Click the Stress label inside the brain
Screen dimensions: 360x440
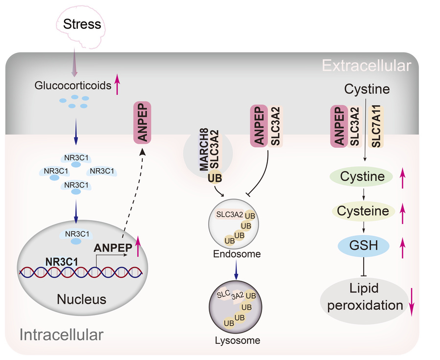(83, 24)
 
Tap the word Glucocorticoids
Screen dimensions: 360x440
(73, 86)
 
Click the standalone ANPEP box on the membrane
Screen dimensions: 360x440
(142, 123)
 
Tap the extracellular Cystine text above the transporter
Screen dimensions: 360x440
(367, 89)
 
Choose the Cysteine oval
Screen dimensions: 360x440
(364, 211)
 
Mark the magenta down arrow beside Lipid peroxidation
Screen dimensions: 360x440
(412, 301)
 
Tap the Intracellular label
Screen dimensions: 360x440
(62, 335)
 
